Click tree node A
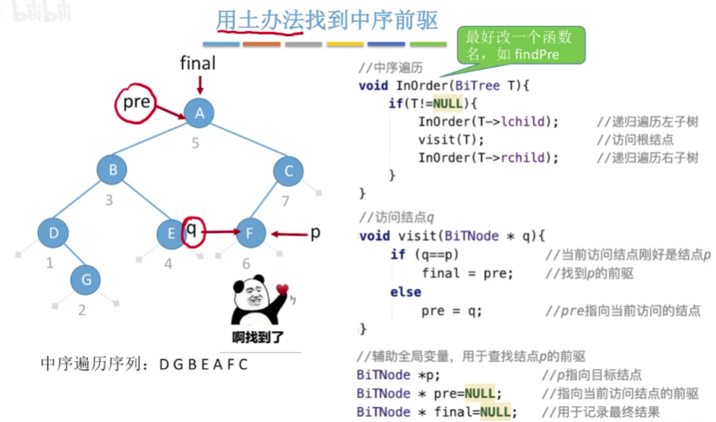199,114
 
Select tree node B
112,170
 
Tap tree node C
289,172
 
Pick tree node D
53,233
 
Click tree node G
86,279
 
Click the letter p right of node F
315,232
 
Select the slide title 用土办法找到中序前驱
326,20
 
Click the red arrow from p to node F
289,234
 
